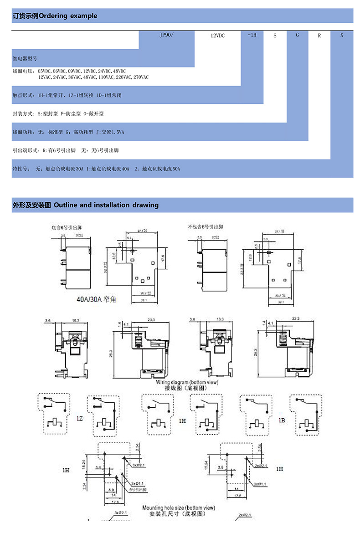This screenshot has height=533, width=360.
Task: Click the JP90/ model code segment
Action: [x=166, y=35]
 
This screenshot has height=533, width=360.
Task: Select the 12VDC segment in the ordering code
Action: [x=217, y=35]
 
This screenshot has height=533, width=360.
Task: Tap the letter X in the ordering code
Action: [x=342, y=35]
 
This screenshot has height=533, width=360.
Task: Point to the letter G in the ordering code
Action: [x=297, y=35]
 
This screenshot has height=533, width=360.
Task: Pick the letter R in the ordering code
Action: [x=319, y=35]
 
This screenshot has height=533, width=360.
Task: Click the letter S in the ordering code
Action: [x=275, y=35]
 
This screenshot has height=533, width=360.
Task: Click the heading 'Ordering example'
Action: [x=68, y=16]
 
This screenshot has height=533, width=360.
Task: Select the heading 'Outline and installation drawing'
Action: [x=106, y=205]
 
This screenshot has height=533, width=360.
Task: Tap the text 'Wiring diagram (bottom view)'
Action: [x=187, y=382]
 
